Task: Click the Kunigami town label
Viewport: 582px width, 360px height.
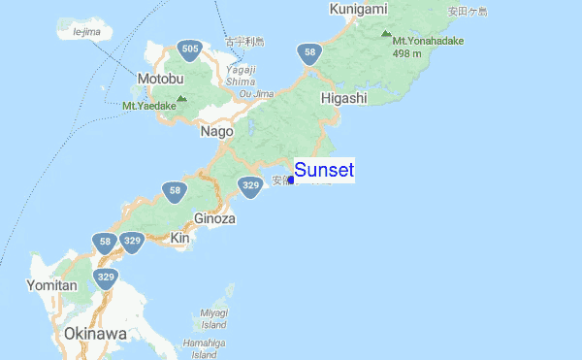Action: tap(358, 9)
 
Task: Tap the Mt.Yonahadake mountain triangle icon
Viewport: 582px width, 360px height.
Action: tap(386, 32)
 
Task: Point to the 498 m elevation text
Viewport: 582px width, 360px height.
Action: tap(412, 53)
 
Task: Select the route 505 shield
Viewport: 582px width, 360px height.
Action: tap(190, 49)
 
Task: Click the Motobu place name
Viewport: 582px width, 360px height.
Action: tap(160, 79)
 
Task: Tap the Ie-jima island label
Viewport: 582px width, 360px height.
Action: tap(86, 32)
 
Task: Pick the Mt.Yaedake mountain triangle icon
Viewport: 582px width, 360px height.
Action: tap(182, 97)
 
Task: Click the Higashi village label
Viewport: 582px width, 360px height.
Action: tap(343, 98)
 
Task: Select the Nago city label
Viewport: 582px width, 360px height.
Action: tap(216, 131)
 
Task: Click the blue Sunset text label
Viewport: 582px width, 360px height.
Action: tap(324, 171)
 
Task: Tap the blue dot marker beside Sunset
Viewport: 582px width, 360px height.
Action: tap(291, 180)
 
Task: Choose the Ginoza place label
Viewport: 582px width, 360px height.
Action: tap(214, 218)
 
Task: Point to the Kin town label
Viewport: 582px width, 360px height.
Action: tap(179, 238)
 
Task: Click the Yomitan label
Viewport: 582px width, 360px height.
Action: tap(52, 285)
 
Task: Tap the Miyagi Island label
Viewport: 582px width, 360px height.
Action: tap(214, 318)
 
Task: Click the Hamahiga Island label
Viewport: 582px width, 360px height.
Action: tap(204, 349)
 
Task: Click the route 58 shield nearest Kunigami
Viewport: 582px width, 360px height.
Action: tap(309, 53)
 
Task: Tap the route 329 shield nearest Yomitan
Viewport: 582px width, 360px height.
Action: tap(106, 278)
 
